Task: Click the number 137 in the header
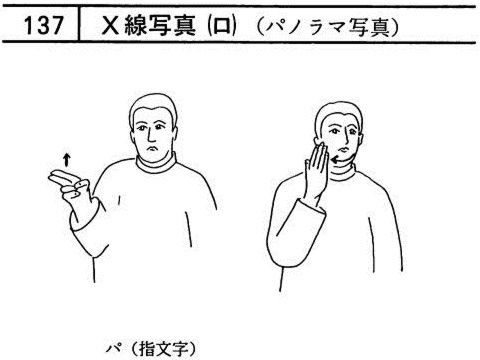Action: tap(43, 25)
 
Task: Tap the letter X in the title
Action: tap(111, 25)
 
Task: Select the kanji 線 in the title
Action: tap(136, 25)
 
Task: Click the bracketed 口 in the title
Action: tap(221, 26)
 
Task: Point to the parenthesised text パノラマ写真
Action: tap(328, 26)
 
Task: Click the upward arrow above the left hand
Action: tap(67, 159)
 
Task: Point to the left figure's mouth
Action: tap(153, 148)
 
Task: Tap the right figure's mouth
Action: tap(343, 148)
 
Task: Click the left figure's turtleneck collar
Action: tap(156, 164)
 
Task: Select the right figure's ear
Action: tap(360, 138)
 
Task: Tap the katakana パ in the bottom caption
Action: tap(113, 349)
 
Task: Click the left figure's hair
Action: tap(153, 107)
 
